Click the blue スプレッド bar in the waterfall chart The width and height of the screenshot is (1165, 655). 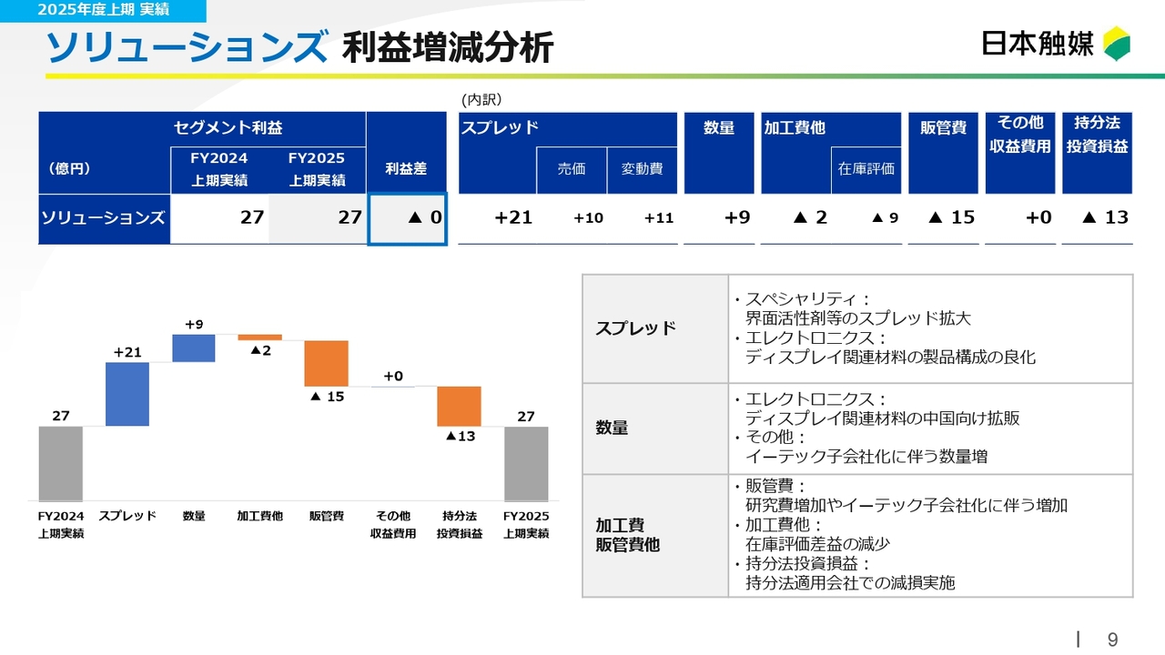127,394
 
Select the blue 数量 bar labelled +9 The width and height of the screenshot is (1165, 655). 194,348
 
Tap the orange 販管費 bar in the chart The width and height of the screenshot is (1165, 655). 326,363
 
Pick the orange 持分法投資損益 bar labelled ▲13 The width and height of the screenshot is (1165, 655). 459,406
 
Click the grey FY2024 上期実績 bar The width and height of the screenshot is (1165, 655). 60,463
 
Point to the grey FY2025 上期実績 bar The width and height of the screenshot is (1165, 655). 526,463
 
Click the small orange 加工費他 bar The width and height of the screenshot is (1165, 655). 259,338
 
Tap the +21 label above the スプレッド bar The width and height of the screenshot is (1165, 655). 127,352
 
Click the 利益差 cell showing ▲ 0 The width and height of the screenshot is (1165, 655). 407,218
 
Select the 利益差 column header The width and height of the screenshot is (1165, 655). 406,169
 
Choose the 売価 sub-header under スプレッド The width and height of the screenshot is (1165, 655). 572,169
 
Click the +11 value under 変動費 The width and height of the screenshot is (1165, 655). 658,218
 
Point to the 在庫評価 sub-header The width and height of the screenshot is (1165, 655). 866,169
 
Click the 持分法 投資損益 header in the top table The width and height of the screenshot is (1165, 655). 1097,135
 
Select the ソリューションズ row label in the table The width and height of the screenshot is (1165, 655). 104,218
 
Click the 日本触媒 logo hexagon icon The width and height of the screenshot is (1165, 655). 1117,43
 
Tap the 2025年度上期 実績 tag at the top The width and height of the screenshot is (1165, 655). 103,10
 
